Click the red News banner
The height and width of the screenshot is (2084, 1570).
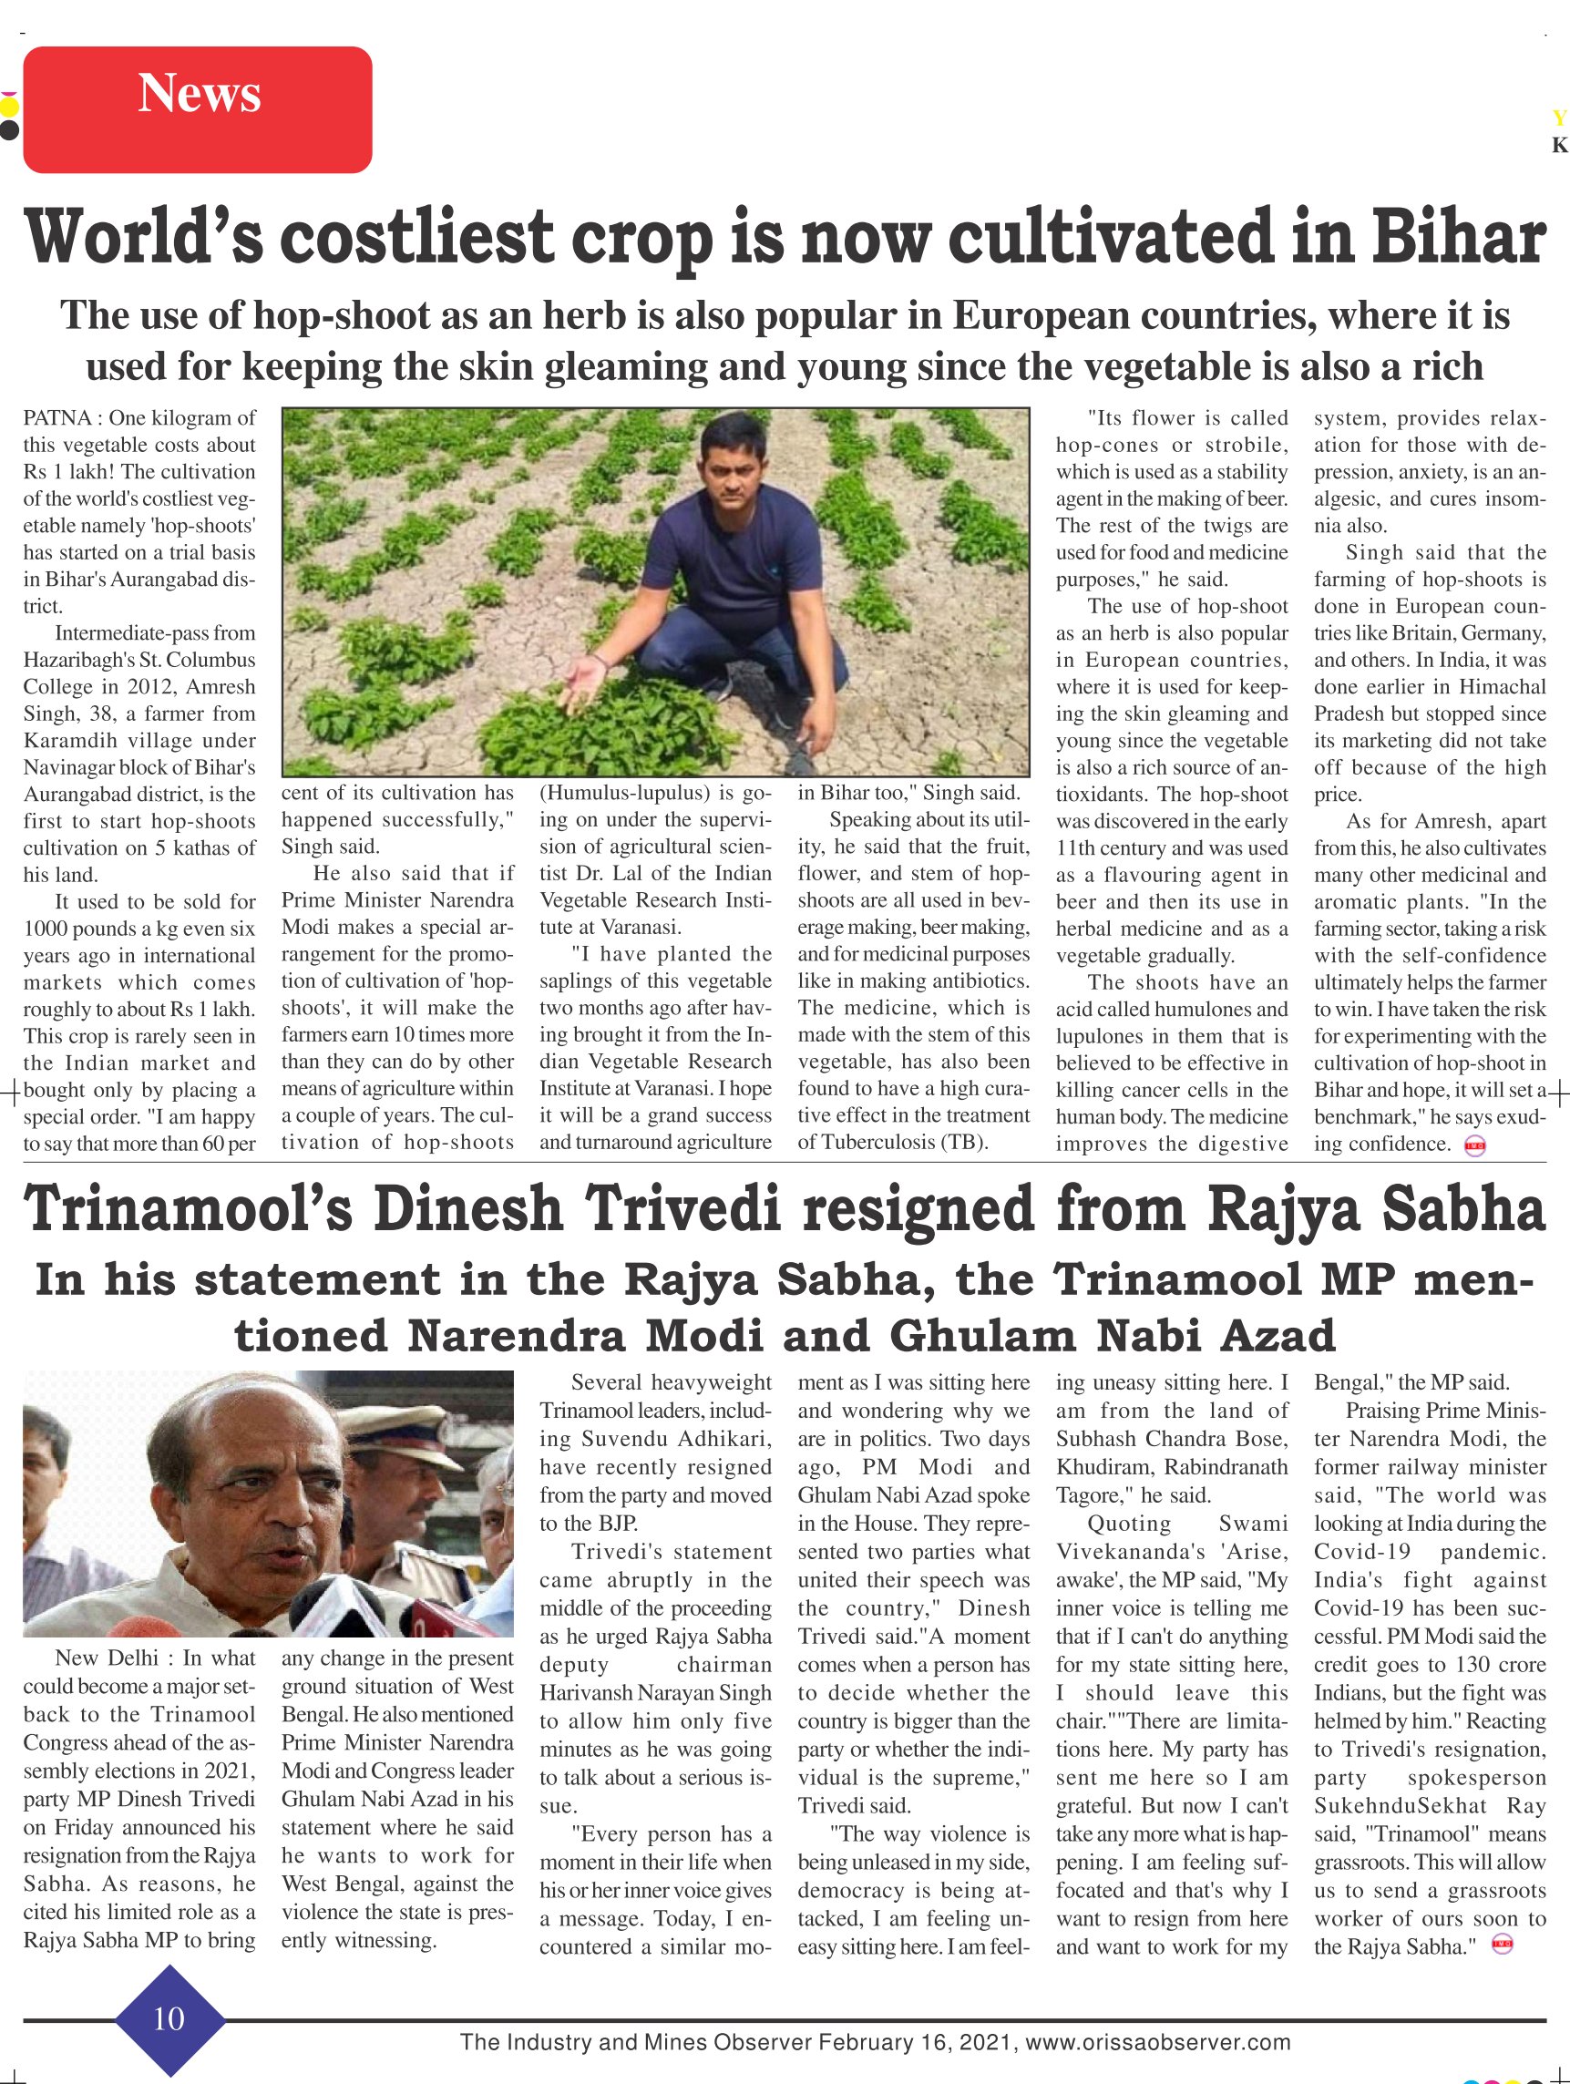(x=198, y=109)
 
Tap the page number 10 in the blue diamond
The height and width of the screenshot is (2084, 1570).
(x=169, y=2018)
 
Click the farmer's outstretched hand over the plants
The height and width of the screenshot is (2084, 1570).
(x=583, y=676)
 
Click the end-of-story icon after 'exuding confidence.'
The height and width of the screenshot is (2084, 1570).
(x=1475, y=1146)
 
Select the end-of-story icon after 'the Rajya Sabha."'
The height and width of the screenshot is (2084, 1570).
(x=1503, y=1945)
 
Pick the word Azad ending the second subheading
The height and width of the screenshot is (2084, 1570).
(x=1278, y=1336)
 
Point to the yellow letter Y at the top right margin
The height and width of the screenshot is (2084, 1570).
(x=1559, y=118)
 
